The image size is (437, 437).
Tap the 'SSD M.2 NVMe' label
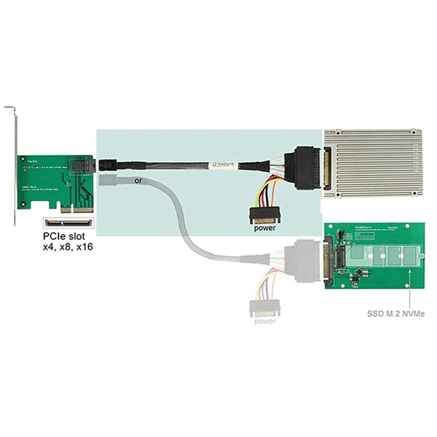[397, 314]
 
